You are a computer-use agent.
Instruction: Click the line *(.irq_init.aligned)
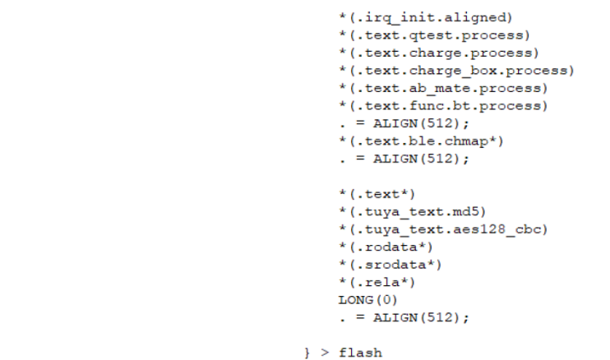[x=426, y=18]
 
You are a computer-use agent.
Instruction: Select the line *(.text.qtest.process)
[x=435, y=35]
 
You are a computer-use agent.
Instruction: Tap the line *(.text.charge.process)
[x=439, y=53]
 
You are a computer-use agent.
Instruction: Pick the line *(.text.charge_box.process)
[x=456, y=71]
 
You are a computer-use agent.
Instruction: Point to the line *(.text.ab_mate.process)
[x=443, y=88]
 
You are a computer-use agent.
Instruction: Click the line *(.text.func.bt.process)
[x=443, y=106]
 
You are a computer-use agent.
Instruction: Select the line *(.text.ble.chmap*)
[x=421, y=141]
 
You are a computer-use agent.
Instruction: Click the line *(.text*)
[x=377, y=194]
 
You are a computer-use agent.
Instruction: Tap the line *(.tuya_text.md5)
[x=413, y=212]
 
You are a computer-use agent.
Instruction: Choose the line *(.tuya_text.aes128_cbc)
[x=443, y=229]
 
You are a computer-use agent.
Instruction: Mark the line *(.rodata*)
[x=386, y=247]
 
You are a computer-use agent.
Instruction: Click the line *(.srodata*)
[x=390, y=265]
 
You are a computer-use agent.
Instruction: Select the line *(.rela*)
[x=377, y=282]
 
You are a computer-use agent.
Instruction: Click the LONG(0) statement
[x=368, y=300]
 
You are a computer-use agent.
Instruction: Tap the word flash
[x=361, y=353]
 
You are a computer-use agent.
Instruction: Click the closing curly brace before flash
[x=307, y=353]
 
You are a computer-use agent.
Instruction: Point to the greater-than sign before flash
[x=325, y=353]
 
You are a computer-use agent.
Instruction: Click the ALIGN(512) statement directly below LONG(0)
[x=404, y=317]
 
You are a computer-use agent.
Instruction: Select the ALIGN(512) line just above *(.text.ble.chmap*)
[x=404, y=123]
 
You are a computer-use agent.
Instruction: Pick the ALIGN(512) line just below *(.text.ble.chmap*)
[x=404, y=159]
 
